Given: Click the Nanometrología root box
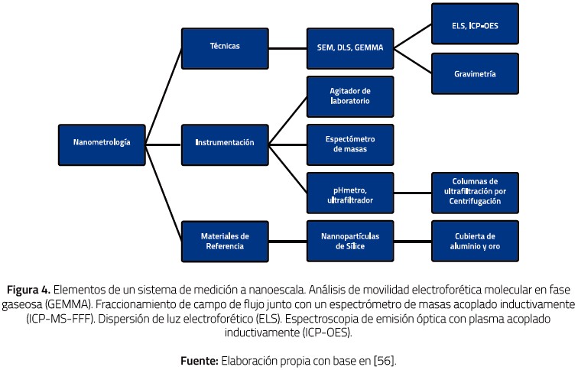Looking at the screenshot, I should (102, 143).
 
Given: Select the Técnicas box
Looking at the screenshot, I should (224, 47).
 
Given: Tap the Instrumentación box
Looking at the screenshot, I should (224, 143).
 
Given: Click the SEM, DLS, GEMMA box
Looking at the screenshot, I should (350, 47).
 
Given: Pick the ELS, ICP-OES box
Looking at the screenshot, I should (475, 25).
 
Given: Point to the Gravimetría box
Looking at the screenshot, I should (475, 74).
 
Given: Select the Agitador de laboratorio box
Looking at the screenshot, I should (350, 96).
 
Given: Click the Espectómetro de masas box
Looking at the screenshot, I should (350, 144).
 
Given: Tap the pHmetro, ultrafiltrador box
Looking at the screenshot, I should (350, 193).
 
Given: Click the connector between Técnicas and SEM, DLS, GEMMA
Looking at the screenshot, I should (287, 47).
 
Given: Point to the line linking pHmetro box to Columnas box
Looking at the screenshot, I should (413, 193).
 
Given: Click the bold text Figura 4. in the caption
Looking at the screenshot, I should (29, 290).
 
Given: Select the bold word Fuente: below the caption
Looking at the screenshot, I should (200, 359).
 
